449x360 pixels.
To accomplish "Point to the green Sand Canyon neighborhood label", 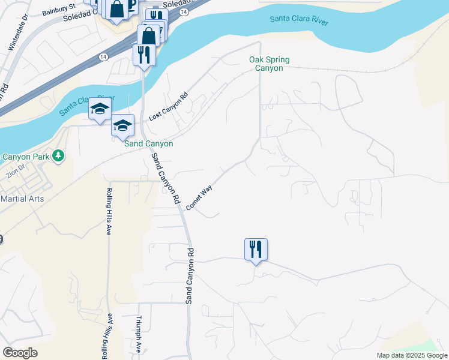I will pyautogui.click(x=148, y=144).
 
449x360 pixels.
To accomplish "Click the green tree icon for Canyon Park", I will pyautogui.click(x=58, y=157).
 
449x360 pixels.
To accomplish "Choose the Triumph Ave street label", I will pyautogui.click(x=139, y=334).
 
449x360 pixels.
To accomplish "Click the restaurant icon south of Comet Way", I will pyautogui.click(x=256, y=248).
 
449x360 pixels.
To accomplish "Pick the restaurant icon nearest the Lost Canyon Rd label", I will pyautogui.click(x=144, y=55).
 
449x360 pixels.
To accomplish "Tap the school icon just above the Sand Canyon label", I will pyautogui.click(x=122, y=125).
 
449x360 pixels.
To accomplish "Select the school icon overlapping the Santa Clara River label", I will pyautogui.click(x=100, y=109).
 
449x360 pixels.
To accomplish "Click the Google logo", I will pyautogui.click(x=20, y=353).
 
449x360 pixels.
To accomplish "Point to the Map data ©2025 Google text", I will pyautogui.click(x=412, y=355).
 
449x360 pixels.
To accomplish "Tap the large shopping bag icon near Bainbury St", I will pyautogui.click(x=116, y=8).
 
